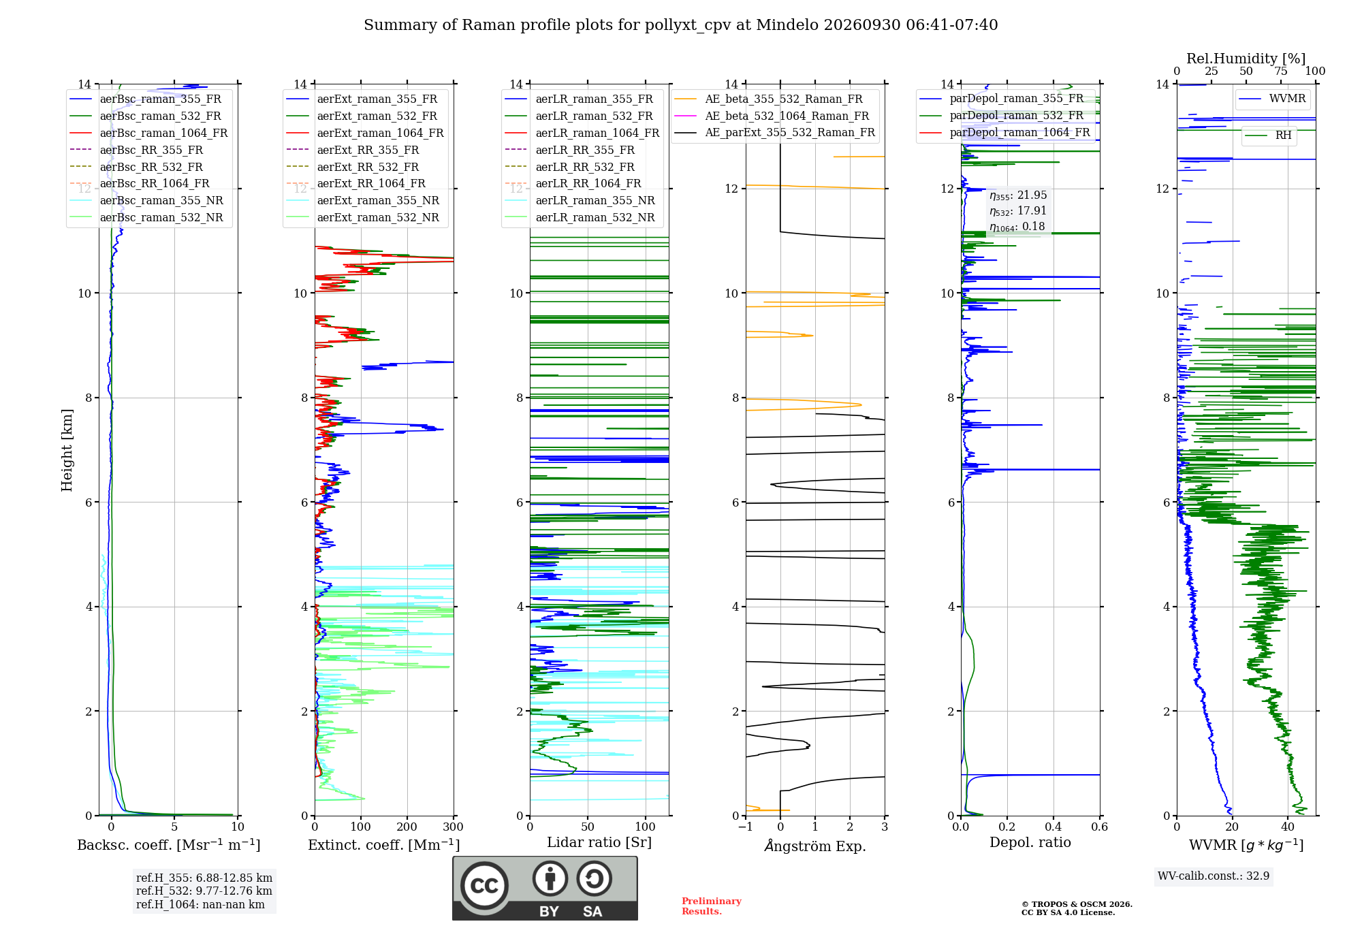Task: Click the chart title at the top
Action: tap(680, 25)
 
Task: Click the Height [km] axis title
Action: tap(67, 450)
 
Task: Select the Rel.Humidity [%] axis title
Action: tap(1246, 59)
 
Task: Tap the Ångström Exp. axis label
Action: tap(815, 846)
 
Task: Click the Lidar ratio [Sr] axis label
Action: tap(599, 842)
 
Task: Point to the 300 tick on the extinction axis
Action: tap(453, 827)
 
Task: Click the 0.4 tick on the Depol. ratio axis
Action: tap(1053, 827)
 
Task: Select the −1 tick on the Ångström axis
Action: tap(746, 827)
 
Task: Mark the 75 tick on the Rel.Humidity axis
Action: tap(1281, 71)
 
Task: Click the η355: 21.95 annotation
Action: tap(1018, 195)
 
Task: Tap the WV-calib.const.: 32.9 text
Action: tap(1214, 876)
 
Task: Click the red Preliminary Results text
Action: tap(712, 906)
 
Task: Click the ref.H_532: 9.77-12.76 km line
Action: tap(204, 891)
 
